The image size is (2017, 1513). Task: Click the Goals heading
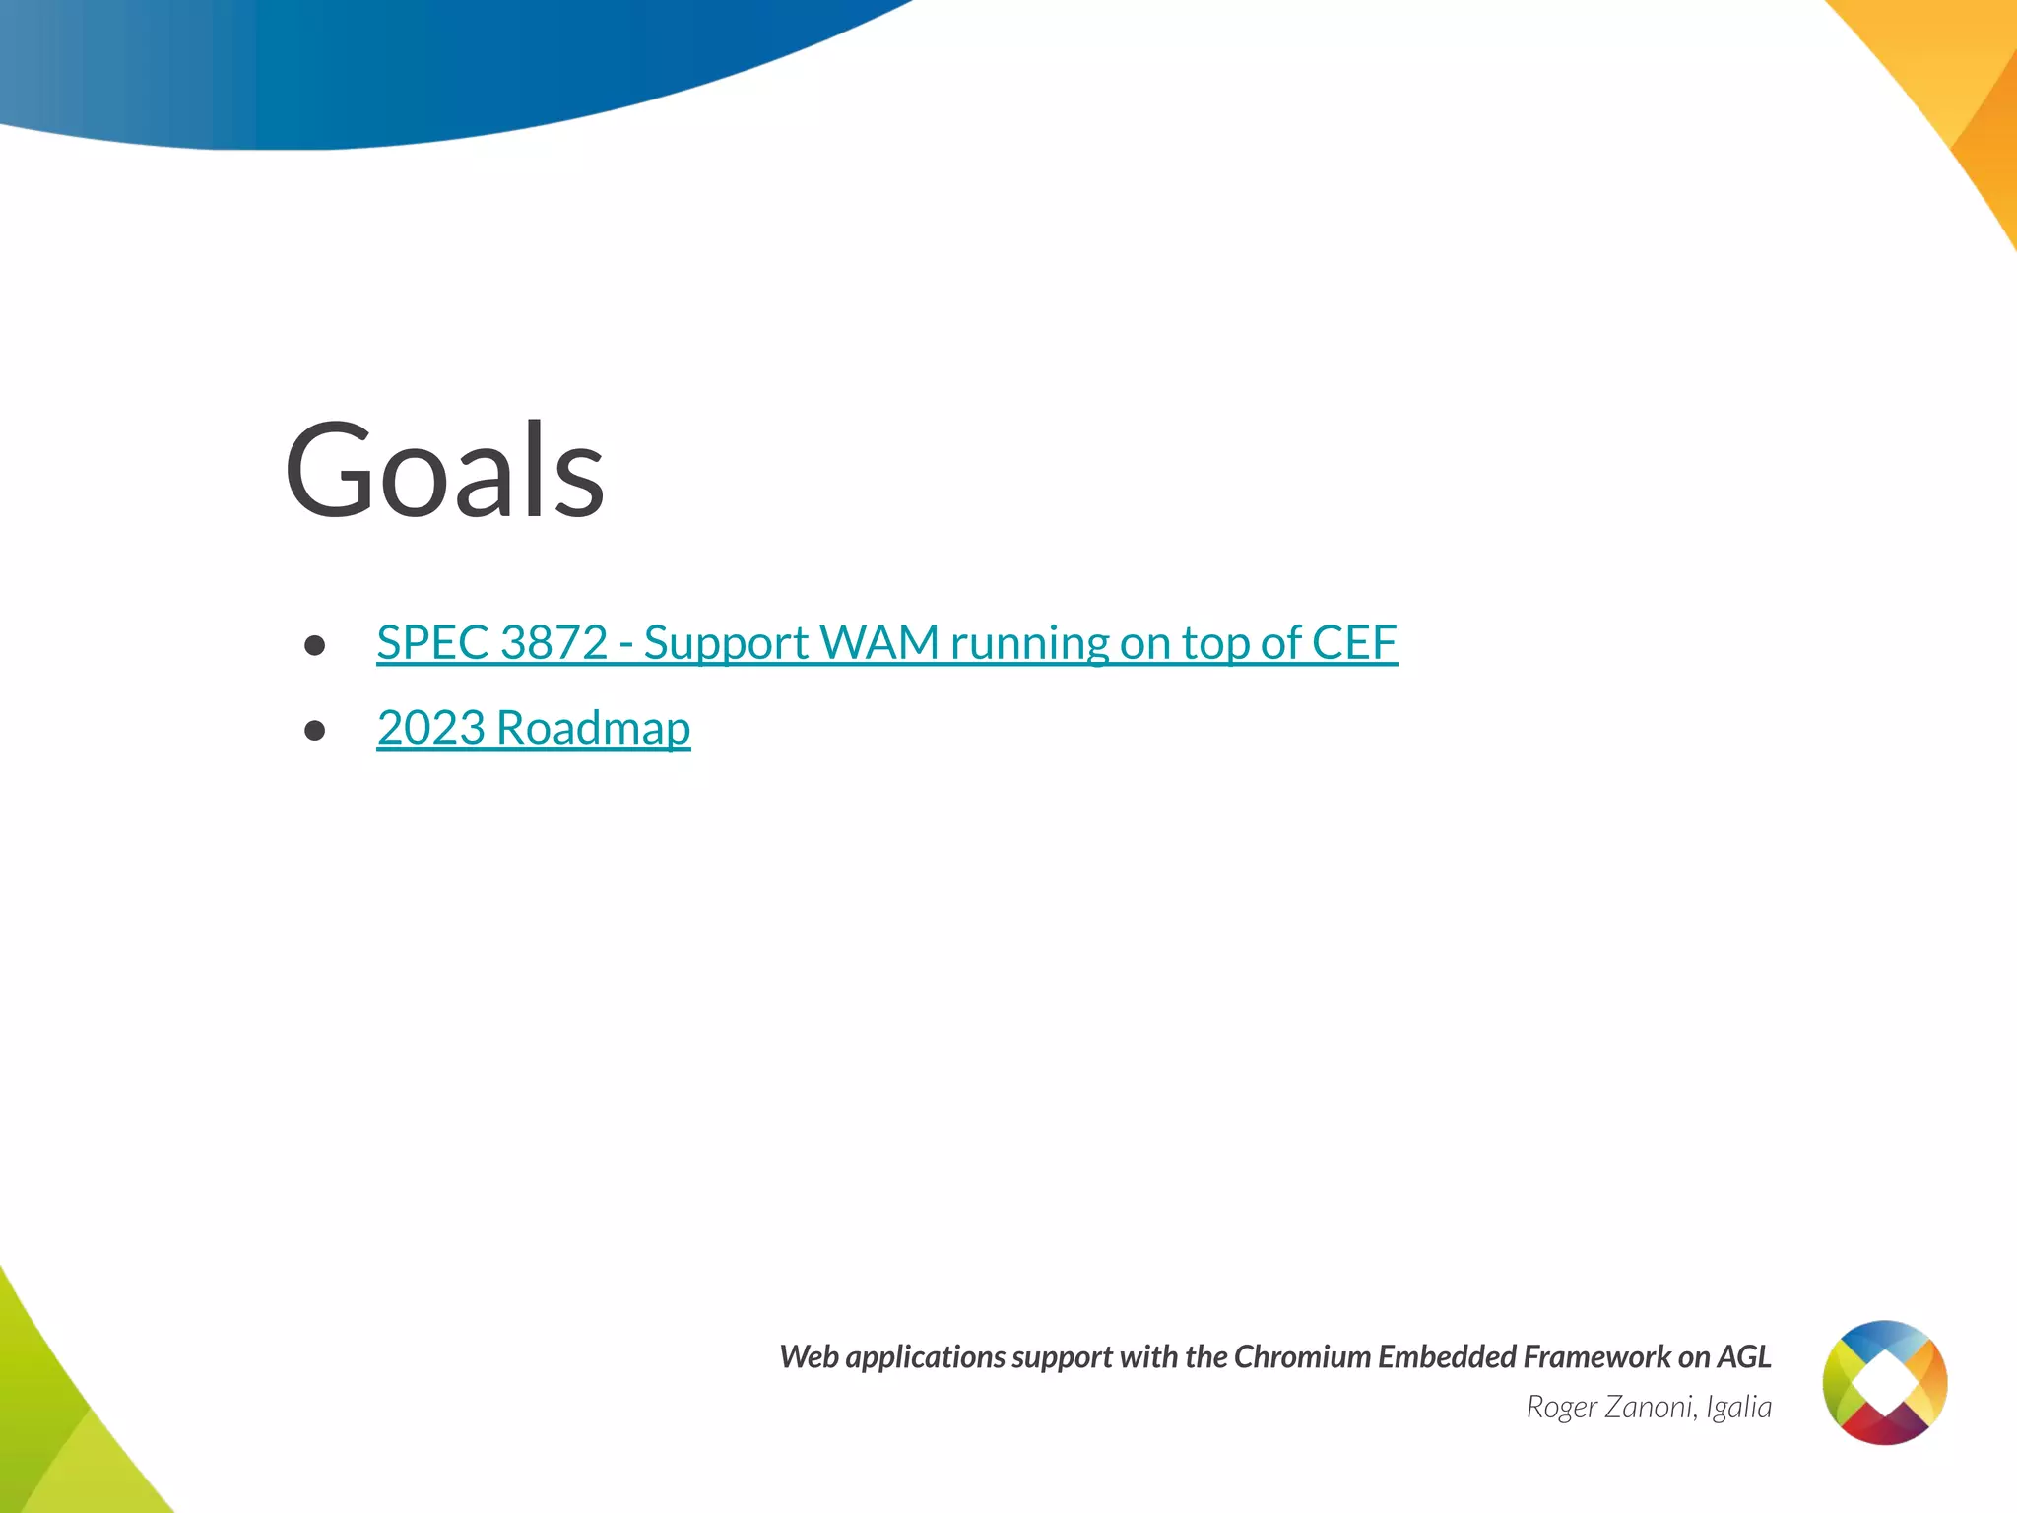[x=444, y=471]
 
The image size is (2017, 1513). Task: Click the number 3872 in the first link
[x=553, y=643]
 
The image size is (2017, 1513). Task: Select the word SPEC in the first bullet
[x=432, y=643]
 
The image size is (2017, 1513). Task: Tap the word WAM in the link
[x=878, y=643]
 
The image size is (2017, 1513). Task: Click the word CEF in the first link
[x=1354, y=643]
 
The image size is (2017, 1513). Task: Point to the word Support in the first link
[x=726, y=643]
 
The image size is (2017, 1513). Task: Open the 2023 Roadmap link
[x=533, y=728]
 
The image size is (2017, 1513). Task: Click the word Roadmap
[x=593, y=728]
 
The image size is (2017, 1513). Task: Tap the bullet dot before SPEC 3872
[x=315, y=645]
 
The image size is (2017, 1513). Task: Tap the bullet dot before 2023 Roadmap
[x=315, y=730]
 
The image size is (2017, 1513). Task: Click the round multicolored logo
[x=1884, y=1382]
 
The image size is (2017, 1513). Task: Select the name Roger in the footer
[x=1561, y=1407]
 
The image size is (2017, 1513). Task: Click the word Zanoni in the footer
[x=1651, y=1407]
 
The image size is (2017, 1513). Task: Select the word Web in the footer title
[x=809, y=1357]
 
